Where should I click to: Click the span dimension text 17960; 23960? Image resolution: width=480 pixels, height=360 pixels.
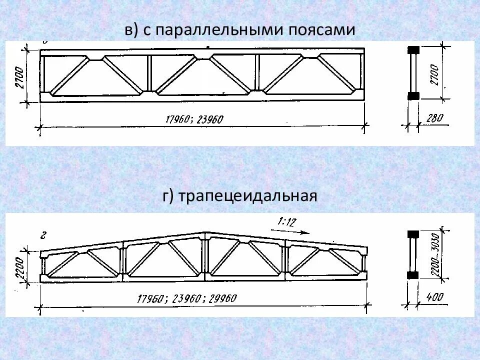coord(194,119)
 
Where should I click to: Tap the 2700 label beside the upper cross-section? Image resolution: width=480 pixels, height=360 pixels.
coord(434,74)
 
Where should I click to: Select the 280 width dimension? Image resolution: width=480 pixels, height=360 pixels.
coord(435,118)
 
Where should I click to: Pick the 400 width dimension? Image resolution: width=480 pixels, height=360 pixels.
coord(435,297)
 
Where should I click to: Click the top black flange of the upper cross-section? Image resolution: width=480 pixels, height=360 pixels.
coord(413,50)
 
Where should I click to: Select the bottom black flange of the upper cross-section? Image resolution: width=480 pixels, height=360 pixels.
coord(413,96)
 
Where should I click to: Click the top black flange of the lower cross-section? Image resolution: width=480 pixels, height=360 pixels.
coord(413,234)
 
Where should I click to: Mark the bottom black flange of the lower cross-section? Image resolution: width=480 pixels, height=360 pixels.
coord(413,274)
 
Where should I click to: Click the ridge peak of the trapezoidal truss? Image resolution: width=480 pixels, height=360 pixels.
coord(205,233)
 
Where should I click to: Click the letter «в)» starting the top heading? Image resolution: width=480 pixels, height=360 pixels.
coord(131,30)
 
